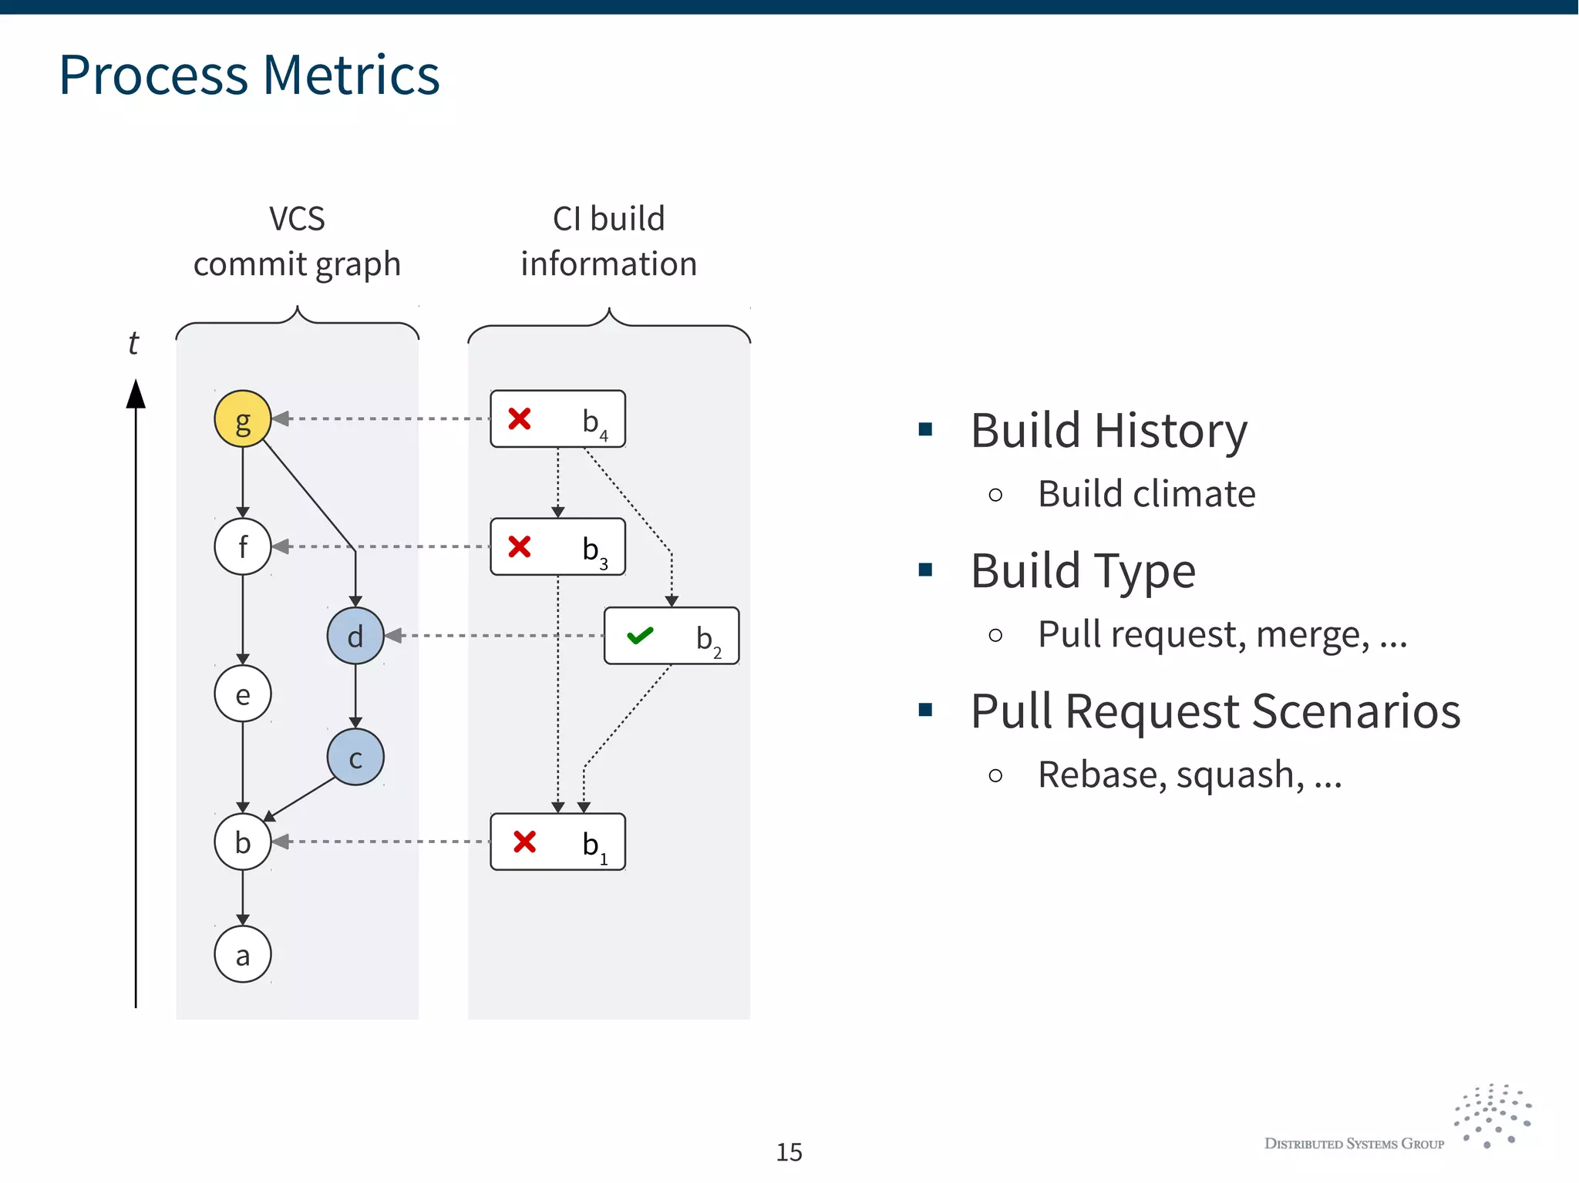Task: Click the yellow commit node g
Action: click(x=242, y=418)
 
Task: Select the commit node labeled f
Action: click(x=242, y=546)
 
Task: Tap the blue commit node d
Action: click(x=355, y=636)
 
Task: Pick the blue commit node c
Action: click(x=355, y=757)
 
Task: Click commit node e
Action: click(x=242, y=694)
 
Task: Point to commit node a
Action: click(x=242, y=954)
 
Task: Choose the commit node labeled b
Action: click(x=242, y=842)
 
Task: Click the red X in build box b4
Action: click(x=520, y=418)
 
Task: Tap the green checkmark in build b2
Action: click(x=640, y=636)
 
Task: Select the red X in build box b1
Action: click(x=524, y=842)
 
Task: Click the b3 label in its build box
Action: click(x=594, y=549)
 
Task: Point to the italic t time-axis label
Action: click(x=133, y=343)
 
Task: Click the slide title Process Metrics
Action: click(x=249, y=75)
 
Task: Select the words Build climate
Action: click(x=1146, y=493)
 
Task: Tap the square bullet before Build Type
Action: click(x=925, y=570)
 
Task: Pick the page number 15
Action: click(x=789, y=1151)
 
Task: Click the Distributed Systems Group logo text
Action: click(x=1354, y=1144)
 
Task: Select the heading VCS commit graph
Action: click(x=297, y=241)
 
